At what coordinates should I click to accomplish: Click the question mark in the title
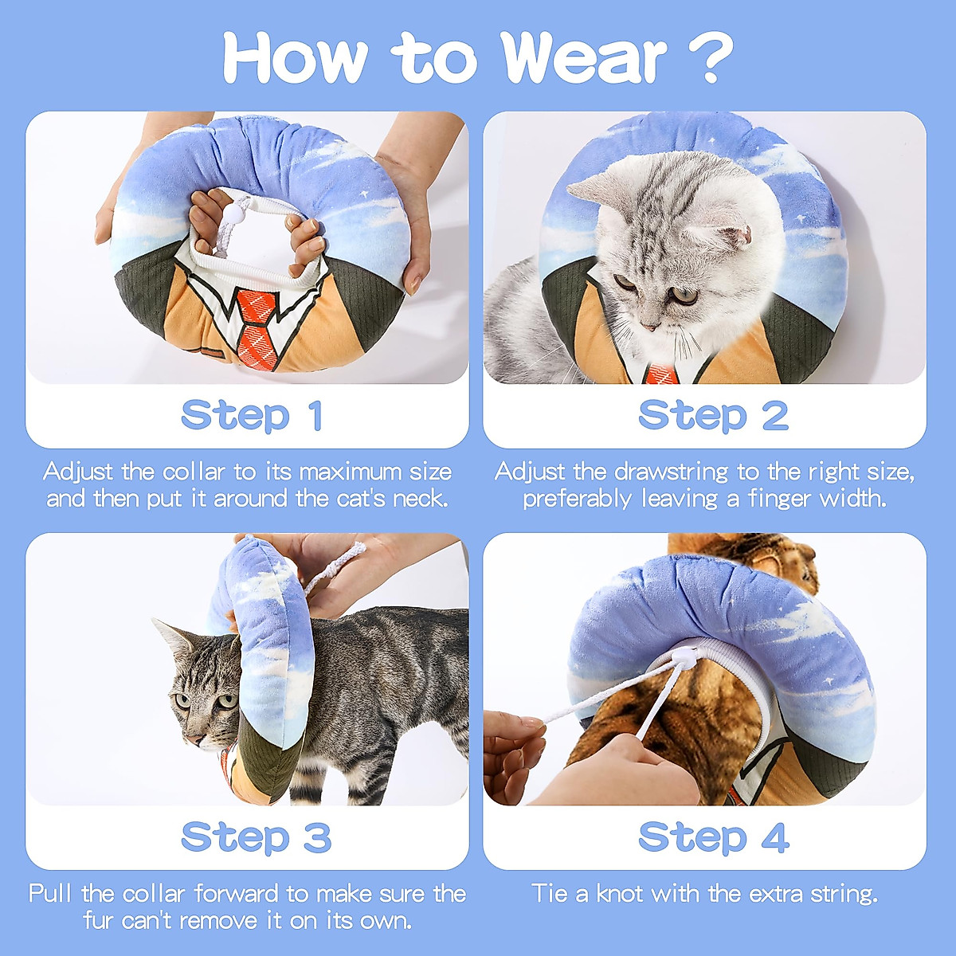coord(707,57)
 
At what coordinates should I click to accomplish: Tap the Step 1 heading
coord(252,416)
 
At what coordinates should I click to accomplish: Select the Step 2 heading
coord(713,416)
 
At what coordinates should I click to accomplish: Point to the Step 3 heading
coord(255,837)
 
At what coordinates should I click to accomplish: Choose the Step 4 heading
coord(713,837)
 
